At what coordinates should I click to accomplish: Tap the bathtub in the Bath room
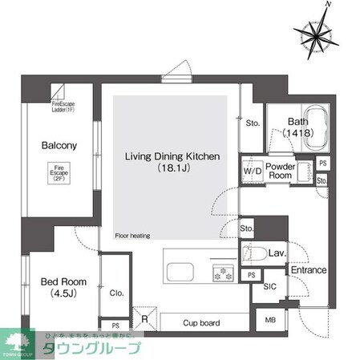(x=307, y=124)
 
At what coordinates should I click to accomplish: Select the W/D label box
(x=253, y=171)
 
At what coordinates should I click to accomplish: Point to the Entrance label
(x=308, y=270)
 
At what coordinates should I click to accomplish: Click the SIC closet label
(x=270, y=286)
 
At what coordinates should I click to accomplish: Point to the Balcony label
(x=59, y=146)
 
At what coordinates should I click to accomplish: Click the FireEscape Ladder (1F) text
(x=68, y=107)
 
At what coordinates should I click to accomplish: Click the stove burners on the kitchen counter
(x=223, y=273)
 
